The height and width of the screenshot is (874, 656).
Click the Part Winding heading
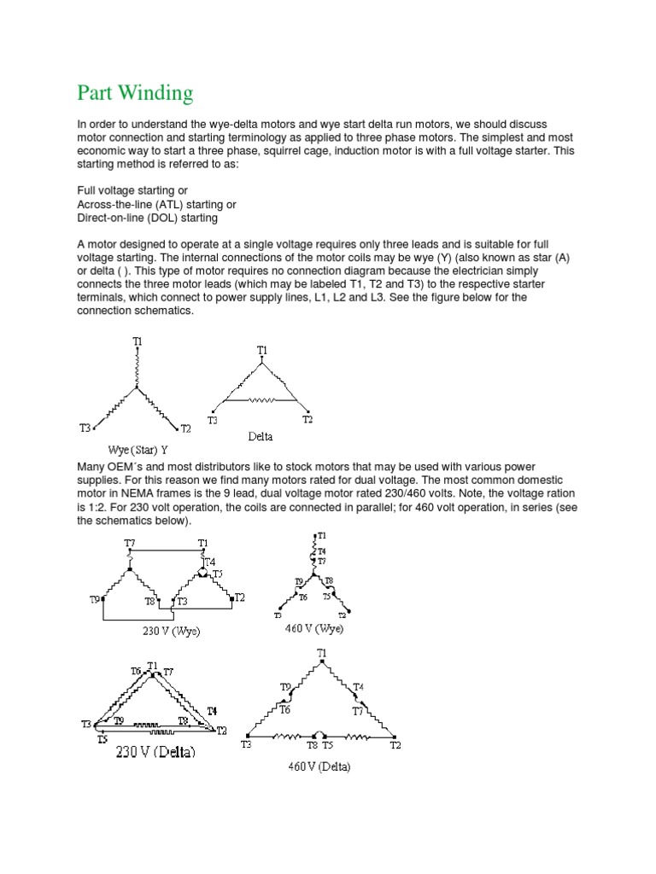pyautogui.click(x=135, y=92)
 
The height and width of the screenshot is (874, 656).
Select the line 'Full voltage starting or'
pyautogui.click(x=132, y=189)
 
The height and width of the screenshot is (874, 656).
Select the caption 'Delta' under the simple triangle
pyautogui.click(x=261, y=436)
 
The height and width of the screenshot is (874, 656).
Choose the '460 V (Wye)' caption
pyautogui.click(x=314, y=628)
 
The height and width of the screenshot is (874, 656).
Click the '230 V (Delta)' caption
pyautogui.click(x=156, y=752)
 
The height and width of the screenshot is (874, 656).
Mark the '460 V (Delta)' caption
pyautogui.click(x=319, y=766)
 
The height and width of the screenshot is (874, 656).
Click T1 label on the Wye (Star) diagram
pyautogui.click(x=137, y=341)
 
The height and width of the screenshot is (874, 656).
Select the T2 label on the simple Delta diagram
pyautogui.click(x=307, y=420)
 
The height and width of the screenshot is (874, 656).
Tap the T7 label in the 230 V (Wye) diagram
pyautogui.click(x=129, y=543)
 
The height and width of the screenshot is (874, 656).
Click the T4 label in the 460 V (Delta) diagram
pyautogui.click(x=358, y=686)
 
